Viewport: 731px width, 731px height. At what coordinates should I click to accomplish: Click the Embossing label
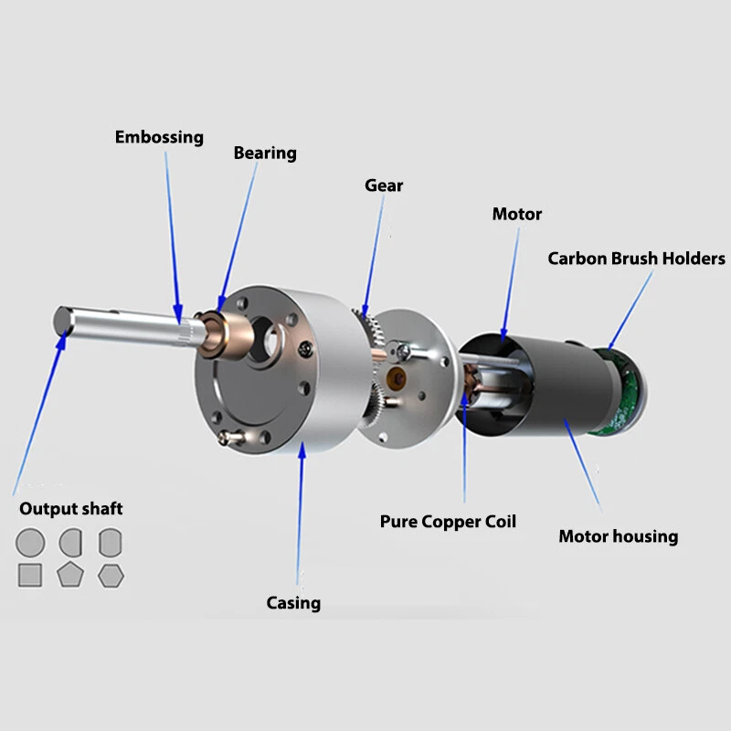pyautogui.click(x=159, y=137)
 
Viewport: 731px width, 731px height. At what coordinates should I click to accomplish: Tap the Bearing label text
pyautogui.click(x=265, y=153)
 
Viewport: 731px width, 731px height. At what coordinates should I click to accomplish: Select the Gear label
pyautogui.click(x=384, y=185)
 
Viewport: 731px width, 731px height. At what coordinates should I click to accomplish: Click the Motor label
pyautogui.click(x=517, y=214)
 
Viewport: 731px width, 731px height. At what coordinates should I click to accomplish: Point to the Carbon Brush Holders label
pyautogui.click(x=636, y=259)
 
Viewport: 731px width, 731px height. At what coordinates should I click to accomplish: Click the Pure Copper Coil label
pyautogui.click(x=448, y=522)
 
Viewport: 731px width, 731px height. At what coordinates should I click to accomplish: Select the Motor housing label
pyautogui.click(x=618, y=535)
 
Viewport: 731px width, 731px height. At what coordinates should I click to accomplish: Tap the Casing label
pyautogui.click(x=293, y=602)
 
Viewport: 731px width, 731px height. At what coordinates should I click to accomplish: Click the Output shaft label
pyautogui.click(x=71, y=509)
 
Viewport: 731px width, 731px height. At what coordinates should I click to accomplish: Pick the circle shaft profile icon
pyautogui.click(x=30, y=543)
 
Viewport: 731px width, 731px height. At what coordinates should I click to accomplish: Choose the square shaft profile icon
pyautogui.click(x=30, y=575)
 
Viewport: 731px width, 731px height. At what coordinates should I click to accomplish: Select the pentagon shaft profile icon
pyautogui.click(x=70, y=575)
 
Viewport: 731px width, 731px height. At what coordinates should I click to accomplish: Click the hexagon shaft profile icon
pyautogui.click(x=111, y=575)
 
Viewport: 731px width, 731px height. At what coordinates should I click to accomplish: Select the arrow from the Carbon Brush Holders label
pyautogui.click(x=630, y=306)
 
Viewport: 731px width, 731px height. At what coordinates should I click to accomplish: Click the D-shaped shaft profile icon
pyautogui.click(x=70, y=543)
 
